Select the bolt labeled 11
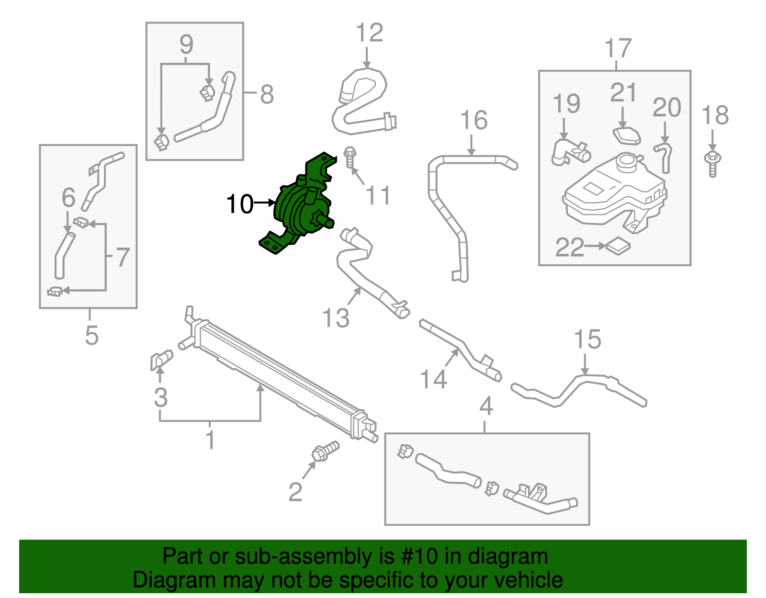point(350,158)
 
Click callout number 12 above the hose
point(370,33)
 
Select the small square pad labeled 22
point(618,246)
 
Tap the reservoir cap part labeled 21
point(626,135)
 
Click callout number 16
point(473,120)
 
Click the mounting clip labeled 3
point(161,360)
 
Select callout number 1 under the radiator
point(210,440)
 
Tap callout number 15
point(587,339)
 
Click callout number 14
point(433,379)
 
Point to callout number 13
point(336,318)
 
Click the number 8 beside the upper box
point(267,94)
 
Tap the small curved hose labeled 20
point(665,156)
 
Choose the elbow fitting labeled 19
point(570,152)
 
